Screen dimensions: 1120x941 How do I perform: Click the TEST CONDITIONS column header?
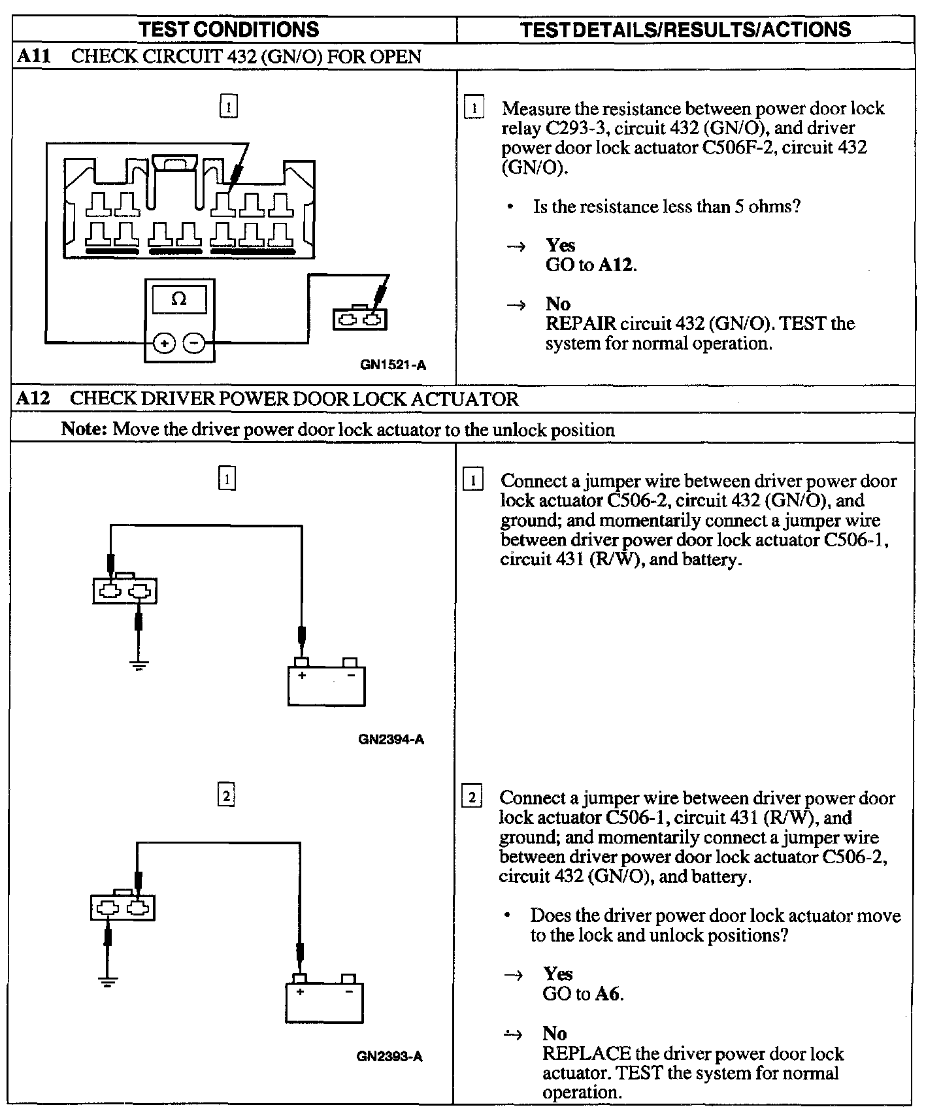[x=229, y=29]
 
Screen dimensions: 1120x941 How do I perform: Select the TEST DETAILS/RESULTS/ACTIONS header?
[x=685, y=29]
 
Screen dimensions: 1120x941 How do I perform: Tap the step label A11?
[x=34, y=56]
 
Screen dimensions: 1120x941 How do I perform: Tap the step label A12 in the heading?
[x=33, y=399]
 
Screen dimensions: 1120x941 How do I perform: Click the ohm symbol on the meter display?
[x=178, y=300]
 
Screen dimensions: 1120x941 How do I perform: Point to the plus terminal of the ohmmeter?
[x=164, y=343]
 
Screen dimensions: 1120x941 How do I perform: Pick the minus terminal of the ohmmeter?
[x=193, y=343]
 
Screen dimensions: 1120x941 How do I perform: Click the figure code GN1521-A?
[x=393, y=365]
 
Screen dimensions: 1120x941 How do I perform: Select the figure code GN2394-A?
[x=391, y=740]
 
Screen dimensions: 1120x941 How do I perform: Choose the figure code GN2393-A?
[x=389, y=1057]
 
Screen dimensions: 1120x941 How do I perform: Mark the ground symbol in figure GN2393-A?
[x=108, y=982]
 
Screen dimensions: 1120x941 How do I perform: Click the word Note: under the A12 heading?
[x=84, y=429]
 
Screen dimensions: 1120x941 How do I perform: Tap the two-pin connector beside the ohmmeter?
[x=359, y=319]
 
